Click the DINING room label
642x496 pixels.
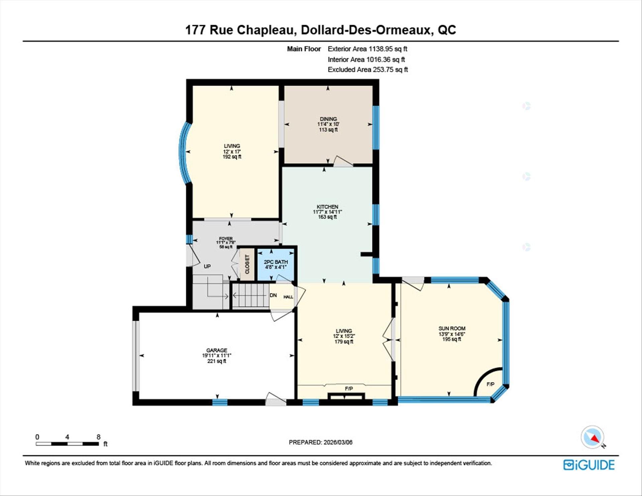(328, 119)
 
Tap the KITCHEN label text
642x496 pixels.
(327, 207)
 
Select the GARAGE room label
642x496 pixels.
(217, 350)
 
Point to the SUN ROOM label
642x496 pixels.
(452, 328)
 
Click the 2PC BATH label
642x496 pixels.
(276, 262)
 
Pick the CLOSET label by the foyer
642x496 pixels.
(247, 264)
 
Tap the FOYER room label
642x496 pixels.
(226, 238)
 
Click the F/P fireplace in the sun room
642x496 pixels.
(490, 384)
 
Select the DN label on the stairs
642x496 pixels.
(273, 295)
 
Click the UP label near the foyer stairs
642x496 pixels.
(207, 267)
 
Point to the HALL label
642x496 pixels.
(288, 297)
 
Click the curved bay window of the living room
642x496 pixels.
(183, 152)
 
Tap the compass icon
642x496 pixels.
(593, 437)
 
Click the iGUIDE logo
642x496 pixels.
(589, 465)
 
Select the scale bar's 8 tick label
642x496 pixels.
(98, 437)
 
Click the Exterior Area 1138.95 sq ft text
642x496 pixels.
(367, 49)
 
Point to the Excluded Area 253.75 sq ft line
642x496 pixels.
(367, 70)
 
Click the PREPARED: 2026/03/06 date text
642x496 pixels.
(320, 442)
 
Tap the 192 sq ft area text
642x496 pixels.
(232, 157)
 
